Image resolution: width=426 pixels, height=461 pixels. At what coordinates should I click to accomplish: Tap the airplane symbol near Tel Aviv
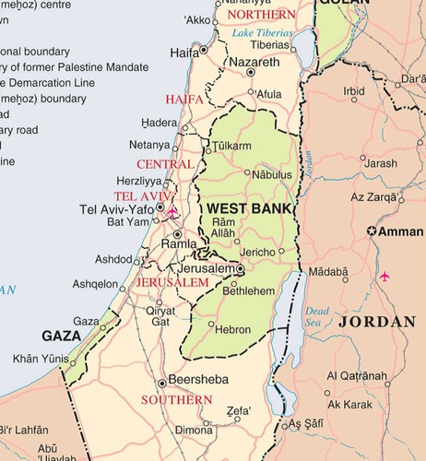click(172, 212)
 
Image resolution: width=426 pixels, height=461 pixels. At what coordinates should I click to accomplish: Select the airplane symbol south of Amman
click(385, 276)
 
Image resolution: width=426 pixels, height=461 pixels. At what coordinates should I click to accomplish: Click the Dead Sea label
click(316, 316)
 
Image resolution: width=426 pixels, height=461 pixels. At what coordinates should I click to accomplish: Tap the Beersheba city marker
click(162, 382)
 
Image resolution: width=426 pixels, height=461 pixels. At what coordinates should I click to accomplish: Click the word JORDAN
click(376, 322)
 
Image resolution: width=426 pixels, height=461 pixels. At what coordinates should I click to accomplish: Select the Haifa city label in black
click(183, 53)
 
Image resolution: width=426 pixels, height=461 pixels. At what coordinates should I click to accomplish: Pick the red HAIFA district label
click(184, 99)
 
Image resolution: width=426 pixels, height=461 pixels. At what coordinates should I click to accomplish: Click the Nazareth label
click(254, 62)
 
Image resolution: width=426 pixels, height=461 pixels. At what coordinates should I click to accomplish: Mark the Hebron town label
click(231, 328)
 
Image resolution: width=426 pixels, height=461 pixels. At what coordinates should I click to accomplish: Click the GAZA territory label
click(64, 336)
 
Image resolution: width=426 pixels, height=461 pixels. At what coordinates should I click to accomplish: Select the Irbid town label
click(354, 91)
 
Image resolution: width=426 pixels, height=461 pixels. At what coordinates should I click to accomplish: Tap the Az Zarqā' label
click(373, 198)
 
